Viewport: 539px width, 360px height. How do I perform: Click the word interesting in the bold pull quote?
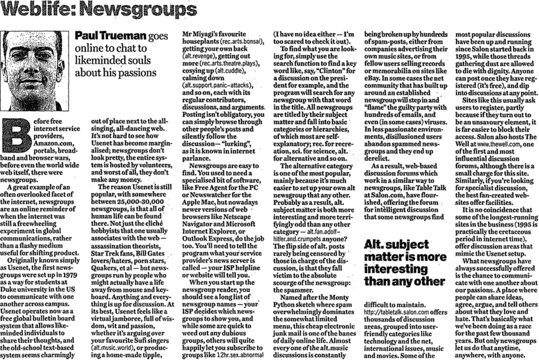click(x=395, y=271)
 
